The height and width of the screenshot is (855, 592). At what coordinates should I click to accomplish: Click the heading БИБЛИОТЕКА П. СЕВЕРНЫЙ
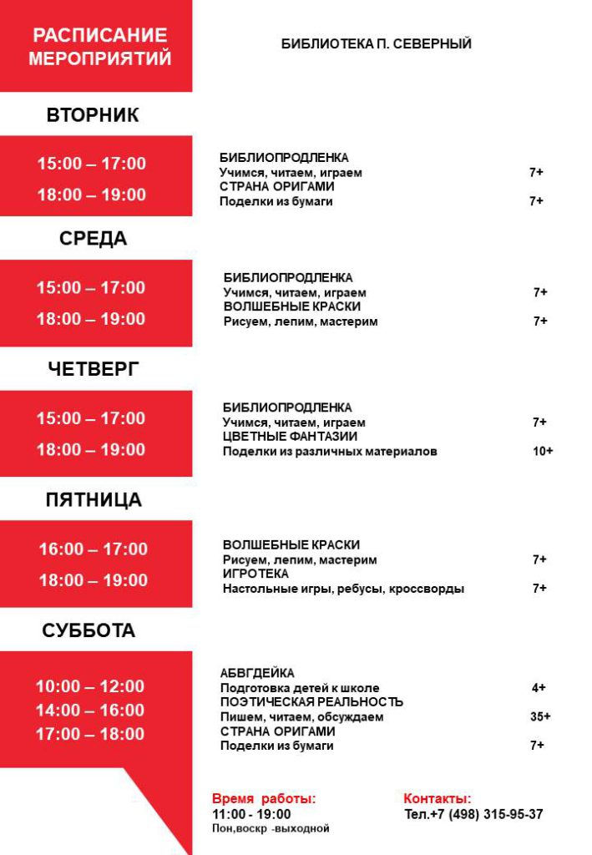point(377,43)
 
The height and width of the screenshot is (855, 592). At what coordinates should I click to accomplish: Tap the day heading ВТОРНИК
point(93,115)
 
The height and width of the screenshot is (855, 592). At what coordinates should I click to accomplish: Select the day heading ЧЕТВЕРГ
point(93,369)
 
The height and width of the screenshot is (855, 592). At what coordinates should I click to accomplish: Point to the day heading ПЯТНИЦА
point(94,500)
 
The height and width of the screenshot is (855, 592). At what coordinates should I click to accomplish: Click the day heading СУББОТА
point(89,631)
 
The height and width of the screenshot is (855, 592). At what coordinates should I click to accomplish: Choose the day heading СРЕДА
point(93,239)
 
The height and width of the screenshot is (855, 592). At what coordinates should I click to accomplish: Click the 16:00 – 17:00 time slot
point(93,549)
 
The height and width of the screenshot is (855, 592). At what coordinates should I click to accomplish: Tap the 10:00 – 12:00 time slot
point(89,686)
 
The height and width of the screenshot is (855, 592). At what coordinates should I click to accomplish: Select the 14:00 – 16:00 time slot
point(89,711)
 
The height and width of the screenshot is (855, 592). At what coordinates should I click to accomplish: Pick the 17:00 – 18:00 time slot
point(89,735)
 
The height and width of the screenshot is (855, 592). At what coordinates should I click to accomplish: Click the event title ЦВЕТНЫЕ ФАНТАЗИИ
point(290,437)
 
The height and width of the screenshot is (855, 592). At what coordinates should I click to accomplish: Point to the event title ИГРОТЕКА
point(256,574)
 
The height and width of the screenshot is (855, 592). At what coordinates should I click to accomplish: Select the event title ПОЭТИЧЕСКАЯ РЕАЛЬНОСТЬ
point(311,702)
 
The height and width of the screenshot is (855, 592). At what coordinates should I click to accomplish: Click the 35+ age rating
point(540,716)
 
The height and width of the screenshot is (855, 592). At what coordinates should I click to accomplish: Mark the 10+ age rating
point(543,452)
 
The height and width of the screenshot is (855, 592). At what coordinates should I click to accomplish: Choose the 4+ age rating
point(539,688)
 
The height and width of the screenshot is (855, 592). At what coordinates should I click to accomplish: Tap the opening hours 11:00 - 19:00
point(251,814)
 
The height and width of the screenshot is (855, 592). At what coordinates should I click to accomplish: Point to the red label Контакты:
point(438,799)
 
